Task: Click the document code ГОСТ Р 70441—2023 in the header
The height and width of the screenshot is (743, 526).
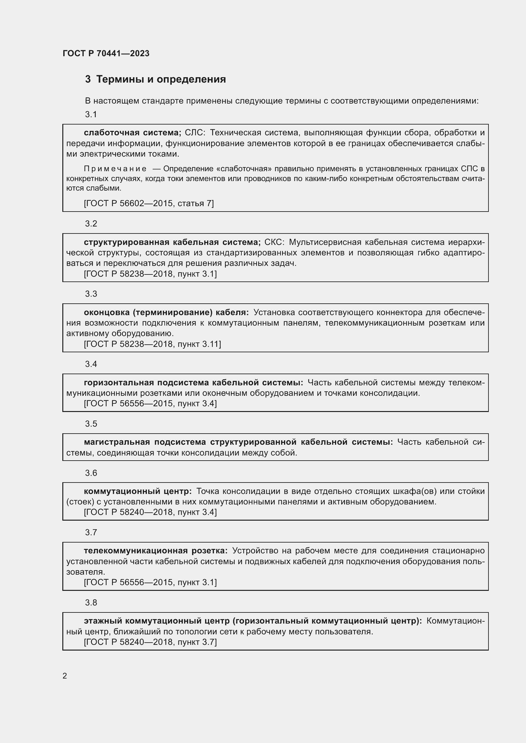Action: [106, 53]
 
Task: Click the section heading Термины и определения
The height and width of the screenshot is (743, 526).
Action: [161, 79]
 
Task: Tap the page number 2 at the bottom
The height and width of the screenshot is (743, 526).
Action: [65, 676]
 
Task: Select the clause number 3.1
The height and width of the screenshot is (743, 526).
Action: [91, 114]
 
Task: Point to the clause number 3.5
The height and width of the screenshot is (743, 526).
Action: [91, 424]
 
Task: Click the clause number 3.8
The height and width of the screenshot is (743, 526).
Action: [91, 603]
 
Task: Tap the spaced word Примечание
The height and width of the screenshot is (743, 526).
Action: [115, 169]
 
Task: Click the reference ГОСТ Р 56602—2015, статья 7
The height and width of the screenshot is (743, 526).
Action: [149, 203]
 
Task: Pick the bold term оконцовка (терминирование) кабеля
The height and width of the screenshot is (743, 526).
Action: [166, 312]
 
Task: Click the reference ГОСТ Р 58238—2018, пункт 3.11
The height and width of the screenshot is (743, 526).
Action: [152, 344]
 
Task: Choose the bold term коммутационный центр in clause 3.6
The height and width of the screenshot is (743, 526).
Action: [138, 491]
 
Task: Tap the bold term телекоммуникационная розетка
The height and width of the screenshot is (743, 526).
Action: [156, 551]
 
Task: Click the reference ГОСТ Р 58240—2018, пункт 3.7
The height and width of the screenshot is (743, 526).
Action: [150, 642]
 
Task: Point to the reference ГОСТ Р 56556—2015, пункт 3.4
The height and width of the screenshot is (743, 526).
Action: [150, 403]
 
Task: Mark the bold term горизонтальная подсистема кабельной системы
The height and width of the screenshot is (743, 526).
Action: [193, 382]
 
